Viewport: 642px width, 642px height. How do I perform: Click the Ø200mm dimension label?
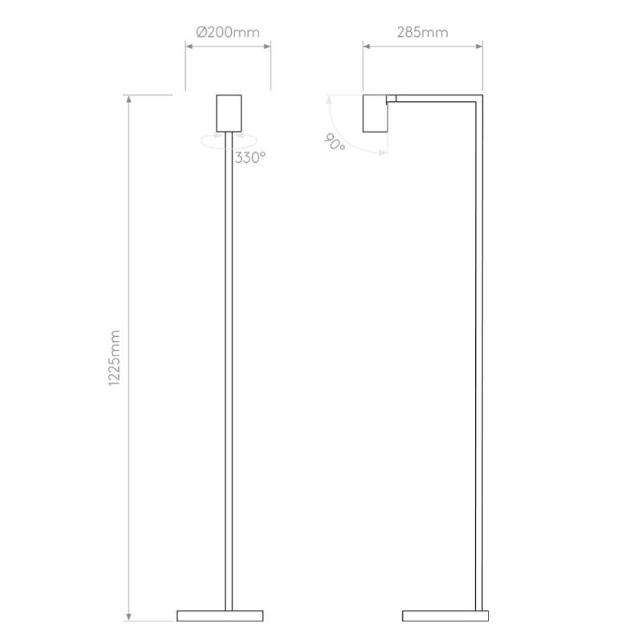click(227, 33)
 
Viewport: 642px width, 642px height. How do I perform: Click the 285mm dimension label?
click(422, 33)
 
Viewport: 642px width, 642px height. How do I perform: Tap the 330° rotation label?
click(250, 158)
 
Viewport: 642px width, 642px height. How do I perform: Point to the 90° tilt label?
click(334, 143)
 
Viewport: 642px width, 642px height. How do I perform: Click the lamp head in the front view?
click(229, 113)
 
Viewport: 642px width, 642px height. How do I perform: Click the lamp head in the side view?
click(375, 113)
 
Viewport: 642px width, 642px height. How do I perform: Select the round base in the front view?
click(221, 616)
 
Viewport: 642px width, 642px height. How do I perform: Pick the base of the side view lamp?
click(445, 616)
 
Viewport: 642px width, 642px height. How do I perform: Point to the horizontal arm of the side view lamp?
click(437, 99)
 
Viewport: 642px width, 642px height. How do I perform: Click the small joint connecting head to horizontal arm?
click(391, 99)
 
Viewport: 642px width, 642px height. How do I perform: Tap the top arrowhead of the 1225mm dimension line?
click(128, 98)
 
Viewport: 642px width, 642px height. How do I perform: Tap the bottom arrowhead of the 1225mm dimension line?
click(128, 619)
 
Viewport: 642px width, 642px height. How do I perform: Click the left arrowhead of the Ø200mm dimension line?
click(188, 47)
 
